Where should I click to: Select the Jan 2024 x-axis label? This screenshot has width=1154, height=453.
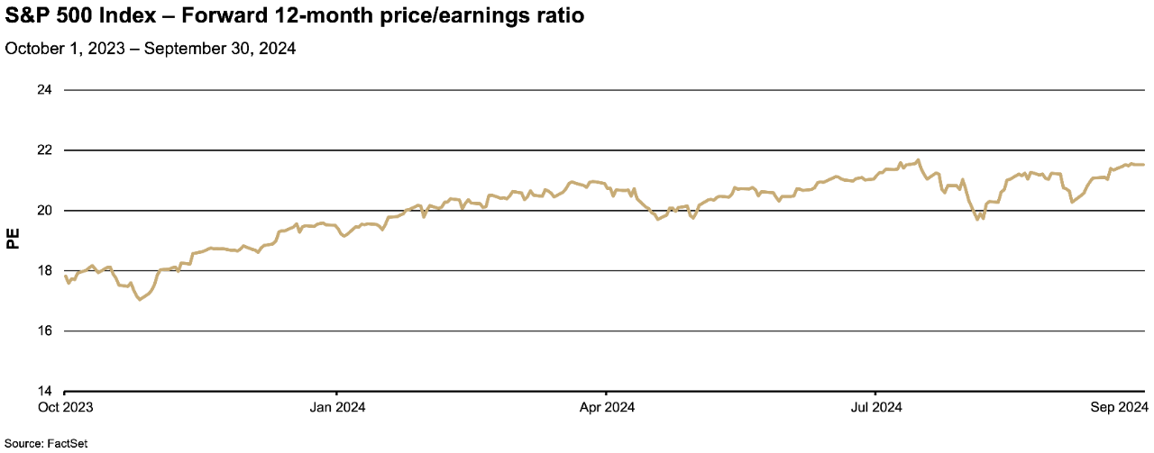point(336,407)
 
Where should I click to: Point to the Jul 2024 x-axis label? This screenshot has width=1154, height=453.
point(875,407)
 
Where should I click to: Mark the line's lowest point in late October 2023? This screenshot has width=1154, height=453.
point(139,299)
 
